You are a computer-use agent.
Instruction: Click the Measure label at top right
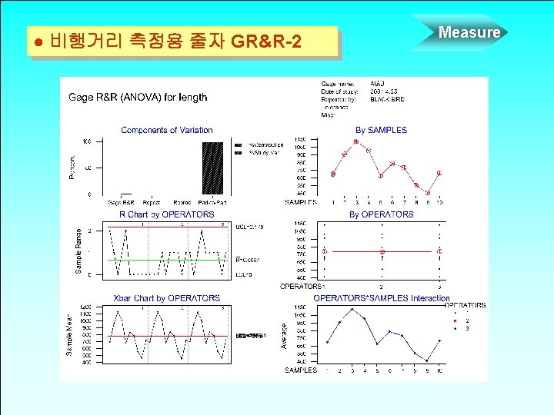(469, 32)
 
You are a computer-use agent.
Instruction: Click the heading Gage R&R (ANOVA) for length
(138, 98)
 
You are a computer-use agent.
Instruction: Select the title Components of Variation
(167, 131)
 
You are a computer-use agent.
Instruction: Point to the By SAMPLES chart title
(381, 131)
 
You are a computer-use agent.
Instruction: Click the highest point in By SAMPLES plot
(356, 142)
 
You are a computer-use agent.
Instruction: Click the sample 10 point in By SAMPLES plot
(439, 173)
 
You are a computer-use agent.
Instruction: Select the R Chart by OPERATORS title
(166, 214)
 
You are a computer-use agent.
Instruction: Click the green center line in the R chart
(169, 260)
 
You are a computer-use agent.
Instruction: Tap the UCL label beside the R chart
(249, 227)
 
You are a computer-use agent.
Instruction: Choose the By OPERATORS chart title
(381, 214)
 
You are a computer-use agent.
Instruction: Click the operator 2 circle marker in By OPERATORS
(382, 251)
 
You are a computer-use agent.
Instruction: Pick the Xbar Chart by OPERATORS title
(166, 298)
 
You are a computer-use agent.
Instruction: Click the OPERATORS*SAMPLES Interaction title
(381, 298)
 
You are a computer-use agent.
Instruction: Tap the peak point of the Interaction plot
(352, 310)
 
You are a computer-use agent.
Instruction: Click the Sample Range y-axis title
(78, 248)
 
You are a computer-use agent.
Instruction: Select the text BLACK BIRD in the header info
(387, 99)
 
